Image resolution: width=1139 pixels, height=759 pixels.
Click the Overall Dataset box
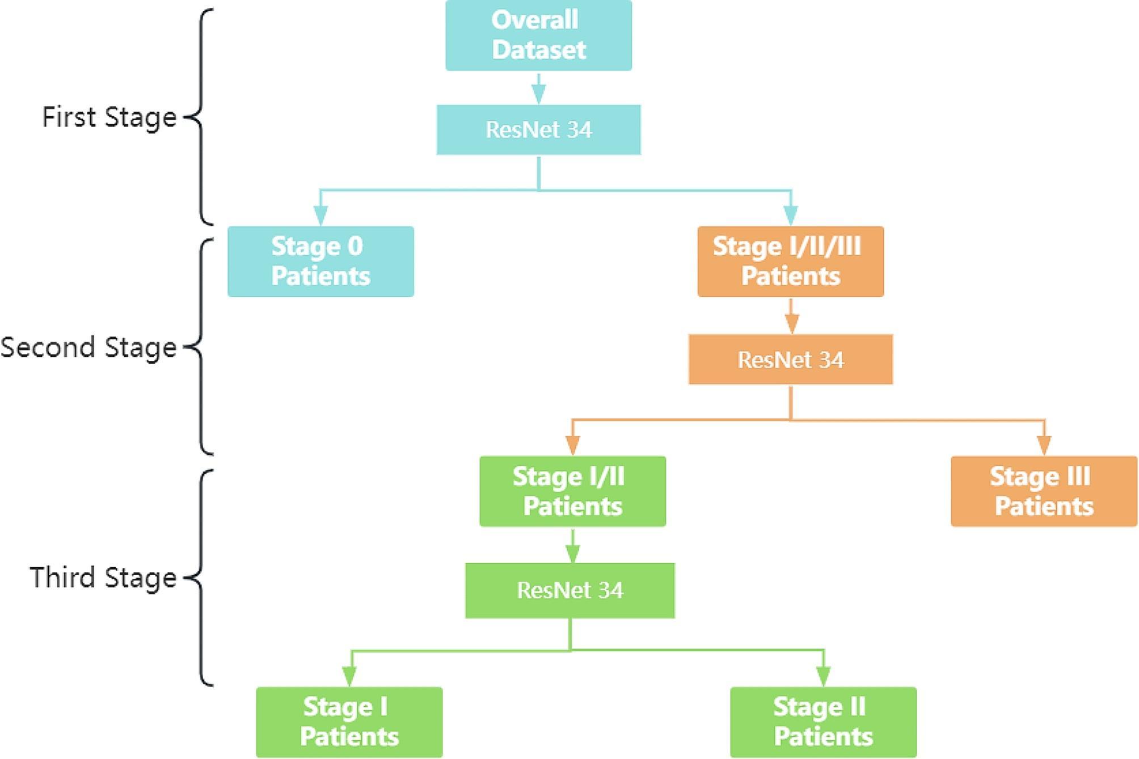538,35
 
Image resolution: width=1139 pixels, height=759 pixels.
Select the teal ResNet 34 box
538,130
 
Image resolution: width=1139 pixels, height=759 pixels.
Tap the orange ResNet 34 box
790,360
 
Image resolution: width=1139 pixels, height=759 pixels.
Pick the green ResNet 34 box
569,591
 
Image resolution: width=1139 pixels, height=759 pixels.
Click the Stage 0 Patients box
320,262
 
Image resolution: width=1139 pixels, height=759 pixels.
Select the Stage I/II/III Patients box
790,262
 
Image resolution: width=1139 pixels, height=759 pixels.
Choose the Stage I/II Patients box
572,491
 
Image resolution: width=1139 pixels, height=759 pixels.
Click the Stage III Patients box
1043,491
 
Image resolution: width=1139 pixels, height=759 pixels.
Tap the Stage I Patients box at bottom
349,722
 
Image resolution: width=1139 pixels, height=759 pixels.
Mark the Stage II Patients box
822,722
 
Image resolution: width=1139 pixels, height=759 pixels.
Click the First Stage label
109,117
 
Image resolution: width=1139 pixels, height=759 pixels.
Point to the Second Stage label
88,347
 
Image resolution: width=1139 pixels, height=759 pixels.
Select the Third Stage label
103,577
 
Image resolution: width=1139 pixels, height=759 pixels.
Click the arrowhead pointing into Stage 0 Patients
320,216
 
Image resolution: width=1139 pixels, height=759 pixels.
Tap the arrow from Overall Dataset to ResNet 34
538,90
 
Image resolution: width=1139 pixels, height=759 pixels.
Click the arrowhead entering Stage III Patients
1044,445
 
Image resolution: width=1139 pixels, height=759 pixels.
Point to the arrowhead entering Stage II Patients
823,676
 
